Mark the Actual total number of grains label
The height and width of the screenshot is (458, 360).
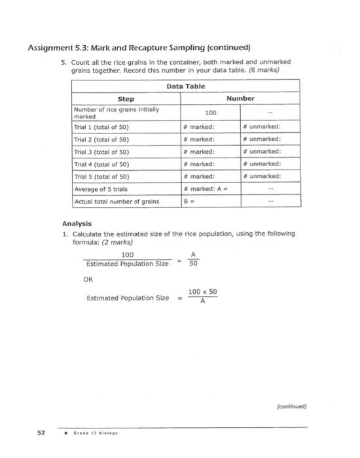[x=117, y=202]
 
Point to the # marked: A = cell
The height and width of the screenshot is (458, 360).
[x=210, y=189]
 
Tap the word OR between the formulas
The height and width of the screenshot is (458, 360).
[x=89, y=279]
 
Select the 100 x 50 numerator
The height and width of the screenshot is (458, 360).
[x=202, y=292]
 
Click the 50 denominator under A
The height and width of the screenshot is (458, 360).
[x=193, y=265]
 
